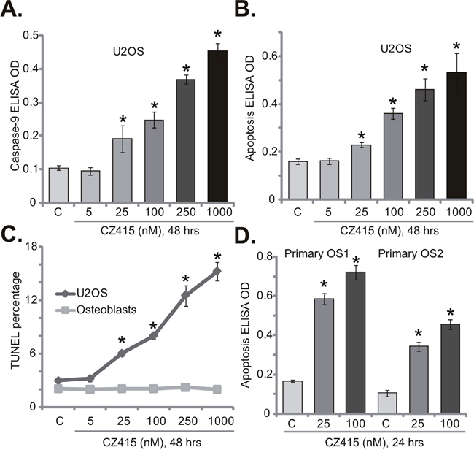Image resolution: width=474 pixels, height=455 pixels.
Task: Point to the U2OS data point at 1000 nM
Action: (216, 271)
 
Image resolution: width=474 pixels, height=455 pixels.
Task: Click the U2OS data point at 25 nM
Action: (120, 353)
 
